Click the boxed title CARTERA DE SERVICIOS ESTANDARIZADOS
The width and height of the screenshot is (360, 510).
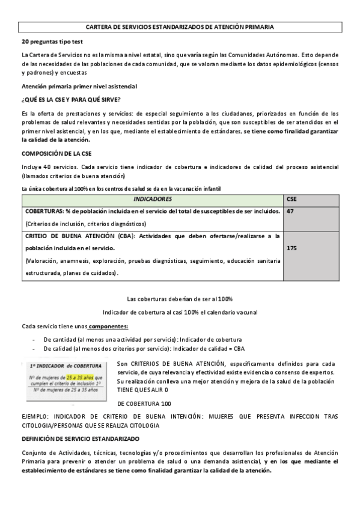coord(180,27)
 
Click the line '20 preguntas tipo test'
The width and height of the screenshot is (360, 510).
coord(52,41)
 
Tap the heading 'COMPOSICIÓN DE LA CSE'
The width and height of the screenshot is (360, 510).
coord(56,153)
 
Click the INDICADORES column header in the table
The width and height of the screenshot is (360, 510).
coord(153,198)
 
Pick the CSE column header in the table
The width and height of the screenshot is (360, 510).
coord(292,198)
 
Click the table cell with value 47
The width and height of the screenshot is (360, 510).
coord(291,211)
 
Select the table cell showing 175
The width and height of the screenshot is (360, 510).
coord(292,247)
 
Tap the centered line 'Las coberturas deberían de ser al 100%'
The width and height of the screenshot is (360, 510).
coord(180,299)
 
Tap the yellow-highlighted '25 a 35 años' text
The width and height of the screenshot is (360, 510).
coord(80,377)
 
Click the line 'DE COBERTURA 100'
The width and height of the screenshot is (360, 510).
coord(144,404)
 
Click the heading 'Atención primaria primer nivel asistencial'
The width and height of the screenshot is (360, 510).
coord(79,87)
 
